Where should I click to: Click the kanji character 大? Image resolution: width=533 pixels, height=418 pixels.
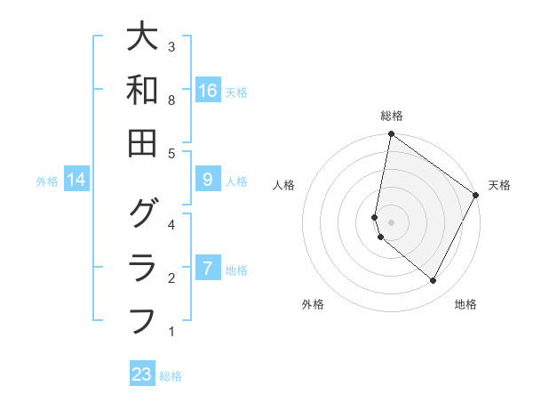point(142,37)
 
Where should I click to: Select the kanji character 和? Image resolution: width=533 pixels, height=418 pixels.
point(142,91)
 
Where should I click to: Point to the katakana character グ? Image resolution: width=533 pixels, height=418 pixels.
point(142,214)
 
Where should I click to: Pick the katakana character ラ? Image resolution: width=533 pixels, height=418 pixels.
point(142,267)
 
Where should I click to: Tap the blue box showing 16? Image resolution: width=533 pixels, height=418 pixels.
point(207,91)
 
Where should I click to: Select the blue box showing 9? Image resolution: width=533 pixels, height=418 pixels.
point(207,180)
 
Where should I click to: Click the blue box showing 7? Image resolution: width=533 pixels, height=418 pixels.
point(207,268)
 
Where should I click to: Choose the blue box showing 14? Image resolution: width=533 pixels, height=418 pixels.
point(76,181)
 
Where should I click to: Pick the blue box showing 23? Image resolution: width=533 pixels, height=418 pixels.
point(142,374)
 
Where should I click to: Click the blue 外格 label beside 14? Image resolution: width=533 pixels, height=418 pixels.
point(47,181)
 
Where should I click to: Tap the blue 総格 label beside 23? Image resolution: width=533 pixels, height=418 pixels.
point(171,376)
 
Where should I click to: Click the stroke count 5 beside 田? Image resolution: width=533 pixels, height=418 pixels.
point(171,153)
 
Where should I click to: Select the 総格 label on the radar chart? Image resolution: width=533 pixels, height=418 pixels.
point(391,116)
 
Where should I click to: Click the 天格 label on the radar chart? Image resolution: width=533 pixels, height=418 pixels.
point(499,185)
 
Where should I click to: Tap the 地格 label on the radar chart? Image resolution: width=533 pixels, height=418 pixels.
point(465,304)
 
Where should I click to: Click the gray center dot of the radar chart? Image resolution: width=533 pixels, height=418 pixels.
point(391,222)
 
